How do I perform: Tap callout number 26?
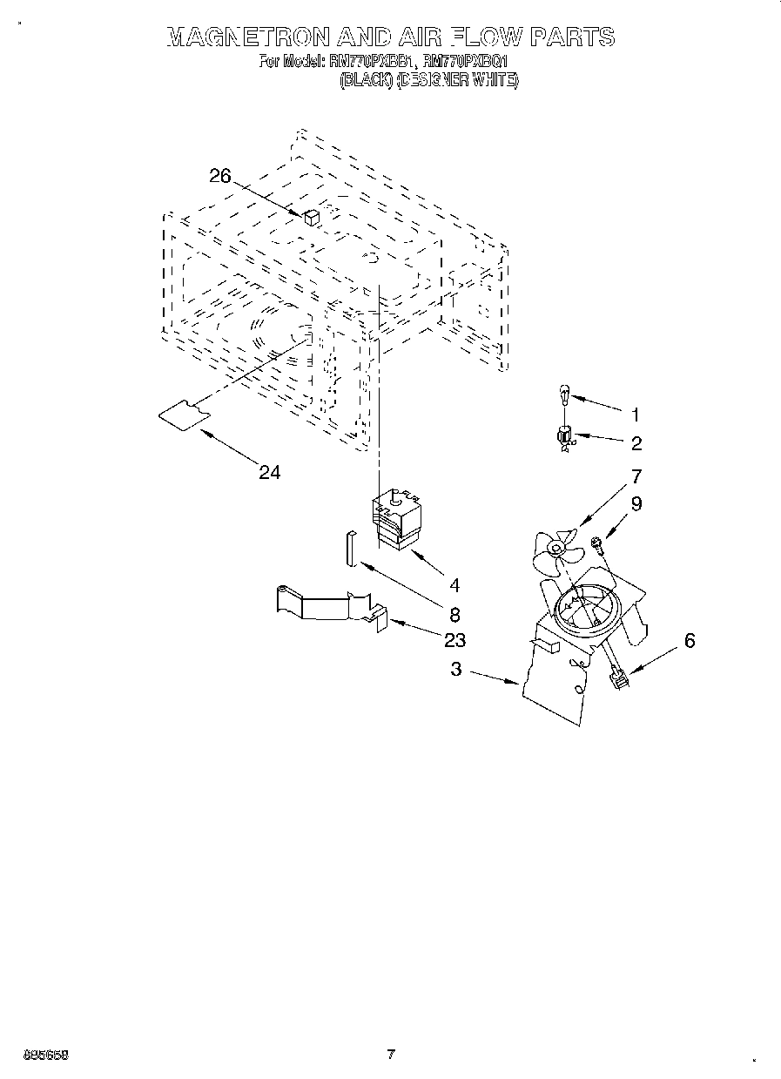click(x=220, y=176)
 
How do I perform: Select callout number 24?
click(x=270, y=472)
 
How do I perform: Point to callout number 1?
click(x=636, y=413)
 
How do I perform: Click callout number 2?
click(x=636, y=444)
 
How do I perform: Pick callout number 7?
click(x=636, y=476)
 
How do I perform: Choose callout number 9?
click(x=636, y=503)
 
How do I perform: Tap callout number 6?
click(x=690, y=641)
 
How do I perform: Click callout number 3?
click(x=455, y=670)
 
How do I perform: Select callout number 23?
click(x=454, y=641)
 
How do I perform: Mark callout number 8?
click(x=454, y=612)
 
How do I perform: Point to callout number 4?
click(x=454, y=584)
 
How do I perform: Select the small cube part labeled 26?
click(x=312, y=218)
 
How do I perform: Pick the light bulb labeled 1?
click(x=563, y=396)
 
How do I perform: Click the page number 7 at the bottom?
click(x=391, y=1055)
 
